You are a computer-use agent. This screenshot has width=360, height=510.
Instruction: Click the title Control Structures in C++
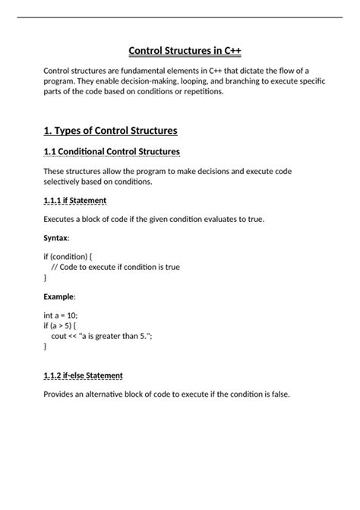tap(185, 51)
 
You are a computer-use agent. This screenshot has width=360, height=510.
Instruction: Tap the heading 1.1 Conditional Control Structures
tap(112, 152)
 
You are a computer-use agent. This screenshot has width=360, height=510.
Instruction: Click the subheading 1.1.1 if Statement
tap(75, 200)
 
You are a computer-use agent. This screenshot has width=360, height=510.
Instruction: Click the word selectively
tap(65, 182)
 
